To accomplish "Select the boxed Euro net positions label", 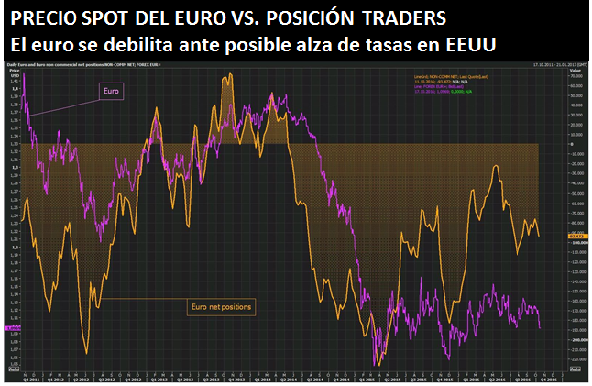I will click(221, 304).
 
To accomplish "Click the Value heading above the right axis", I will click(576, 70).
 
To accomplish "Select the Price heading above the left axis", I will click(13, 70).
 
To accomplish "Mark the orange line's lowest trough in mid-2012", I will click(87, 352).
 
